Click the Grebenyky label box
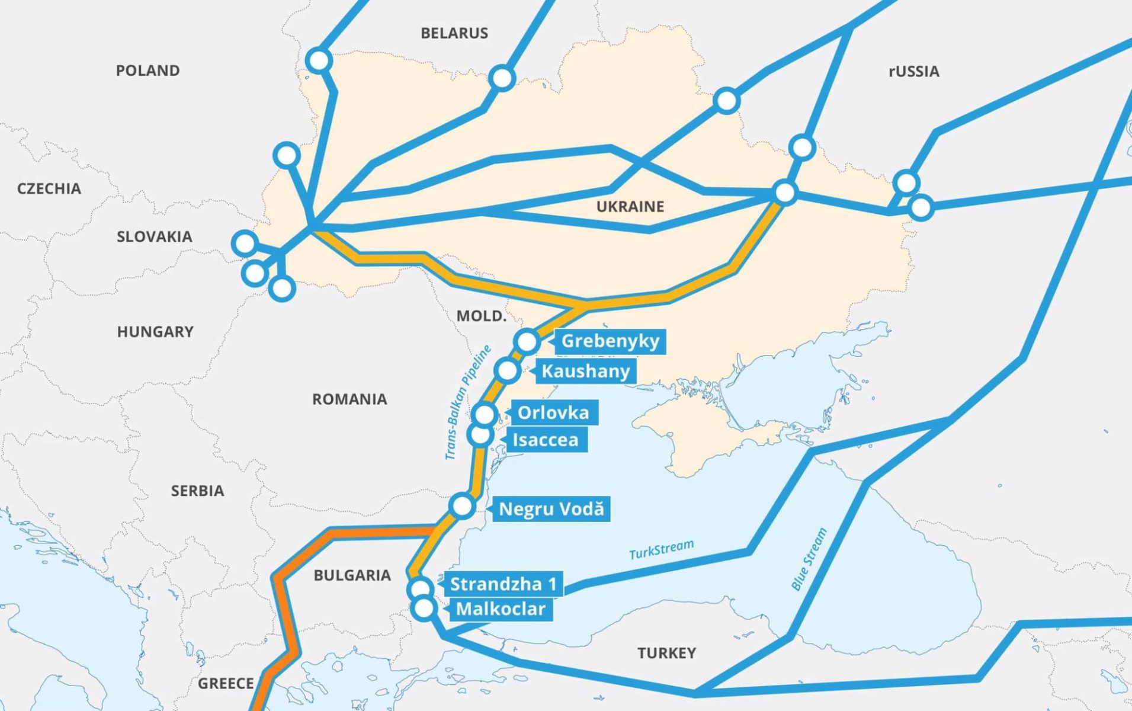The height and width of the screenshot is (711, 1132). [610, 341]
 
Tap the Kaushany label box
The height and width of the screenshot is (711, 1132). [585, 371]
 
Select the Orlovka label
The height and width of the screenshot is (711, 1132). [553, 412]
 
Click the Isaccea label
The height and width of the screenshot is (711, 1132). [545, 440]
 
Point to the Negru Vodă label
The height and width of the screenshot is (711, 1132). [551, 509]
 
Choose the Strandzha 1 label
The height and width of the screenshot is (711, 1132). [504, 584]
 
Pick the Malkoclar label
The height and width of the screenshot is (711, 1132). [501, 609]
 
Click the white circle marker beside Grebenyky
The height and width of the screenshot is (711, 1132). [527, 341]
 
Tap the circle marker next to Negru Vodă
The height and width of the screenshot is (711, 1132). [461, 506]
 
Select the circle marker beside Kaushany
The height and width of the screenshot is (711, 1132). [507, 371]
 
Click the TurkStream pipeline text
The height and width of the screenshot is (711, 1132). [661, 549]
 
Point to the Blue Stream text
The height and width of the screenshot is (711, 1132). [809, 559]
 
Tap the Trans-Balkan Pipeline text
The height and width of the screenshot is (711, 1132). [468, 403]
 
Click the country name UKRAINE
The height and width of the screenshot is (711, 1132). [630, 207]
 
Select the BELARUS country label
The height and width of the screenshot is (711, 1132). [454, 33]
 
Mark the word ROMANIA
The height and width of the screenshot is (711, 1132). [349, 399]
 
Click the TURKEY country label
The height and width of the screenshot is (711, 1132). [666, 653]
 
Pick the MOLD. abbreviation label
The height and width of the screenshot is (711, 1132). [481, 316]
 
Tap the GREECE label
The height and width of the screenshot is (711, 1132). [226, 684]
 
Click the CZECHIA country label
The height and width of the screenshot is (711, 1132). [49, 189]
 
